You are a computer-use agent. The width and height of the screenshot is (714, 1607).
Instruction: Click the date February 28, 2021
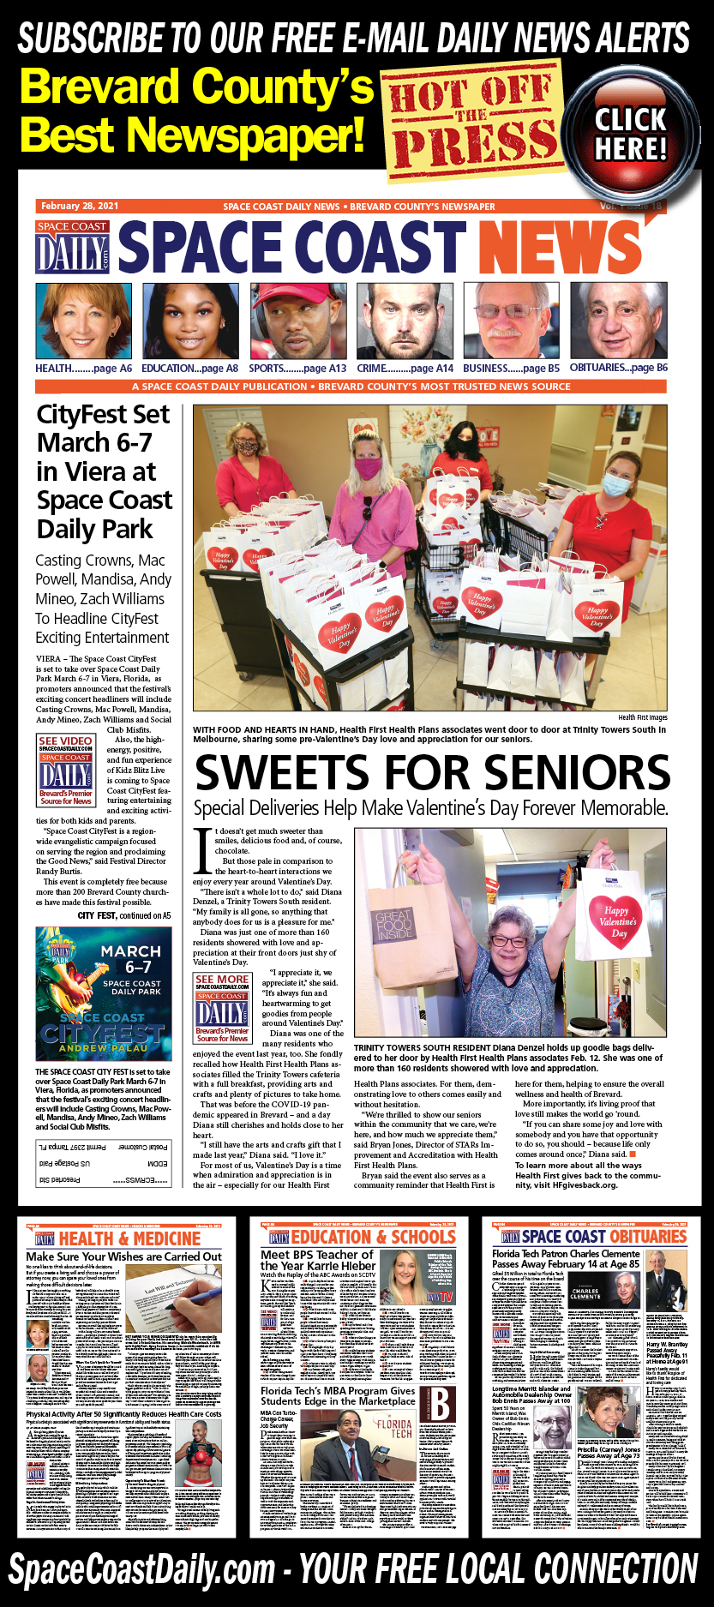(80, 207)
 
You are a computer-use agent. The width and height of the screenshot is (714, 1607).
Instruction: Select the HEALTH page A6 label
(83, 369)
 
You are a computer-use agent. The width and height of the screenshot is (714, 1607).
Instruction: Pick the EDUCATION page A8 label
(190, 369)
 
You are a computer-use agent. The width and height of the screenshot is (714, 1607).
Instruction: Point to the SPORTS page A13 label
(297, 369)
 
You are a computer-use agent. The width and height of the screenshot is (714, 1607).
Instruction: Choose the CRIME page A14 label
(405, 369)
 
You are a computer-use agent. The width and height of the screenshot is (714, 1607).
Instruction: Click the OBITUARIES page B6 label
(618, 369)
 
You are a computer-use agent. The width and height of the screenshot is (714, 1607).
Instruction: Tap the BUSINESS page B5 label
(511, 369)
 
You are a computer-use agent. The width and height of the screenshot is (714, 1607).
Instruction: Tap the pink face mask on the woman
(369, 469)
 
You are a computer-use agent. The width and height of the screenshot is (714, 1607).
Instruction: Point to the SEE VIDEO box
(66, 770)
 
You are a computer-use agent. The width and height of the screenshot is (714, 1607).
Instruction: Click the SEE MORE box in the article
(222, 1008)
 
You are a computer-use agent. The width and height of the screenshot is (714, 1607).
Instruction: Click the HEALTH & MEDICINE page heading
(129, 1238)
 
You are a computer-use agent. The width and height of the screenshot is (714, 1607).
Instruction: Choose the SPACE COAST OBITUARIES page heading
(603, 1237)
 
